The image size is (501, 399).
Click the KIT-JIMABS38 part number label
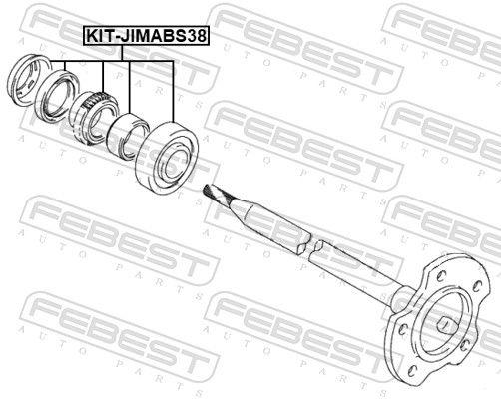[x=146, y=35]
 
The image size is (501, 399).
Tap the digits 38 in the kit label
[x=197, y=35]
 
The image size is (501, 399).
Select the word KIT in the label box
[x=99, y=35]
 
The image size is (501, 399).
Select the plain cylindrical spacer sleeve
[x=127, y=136]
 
